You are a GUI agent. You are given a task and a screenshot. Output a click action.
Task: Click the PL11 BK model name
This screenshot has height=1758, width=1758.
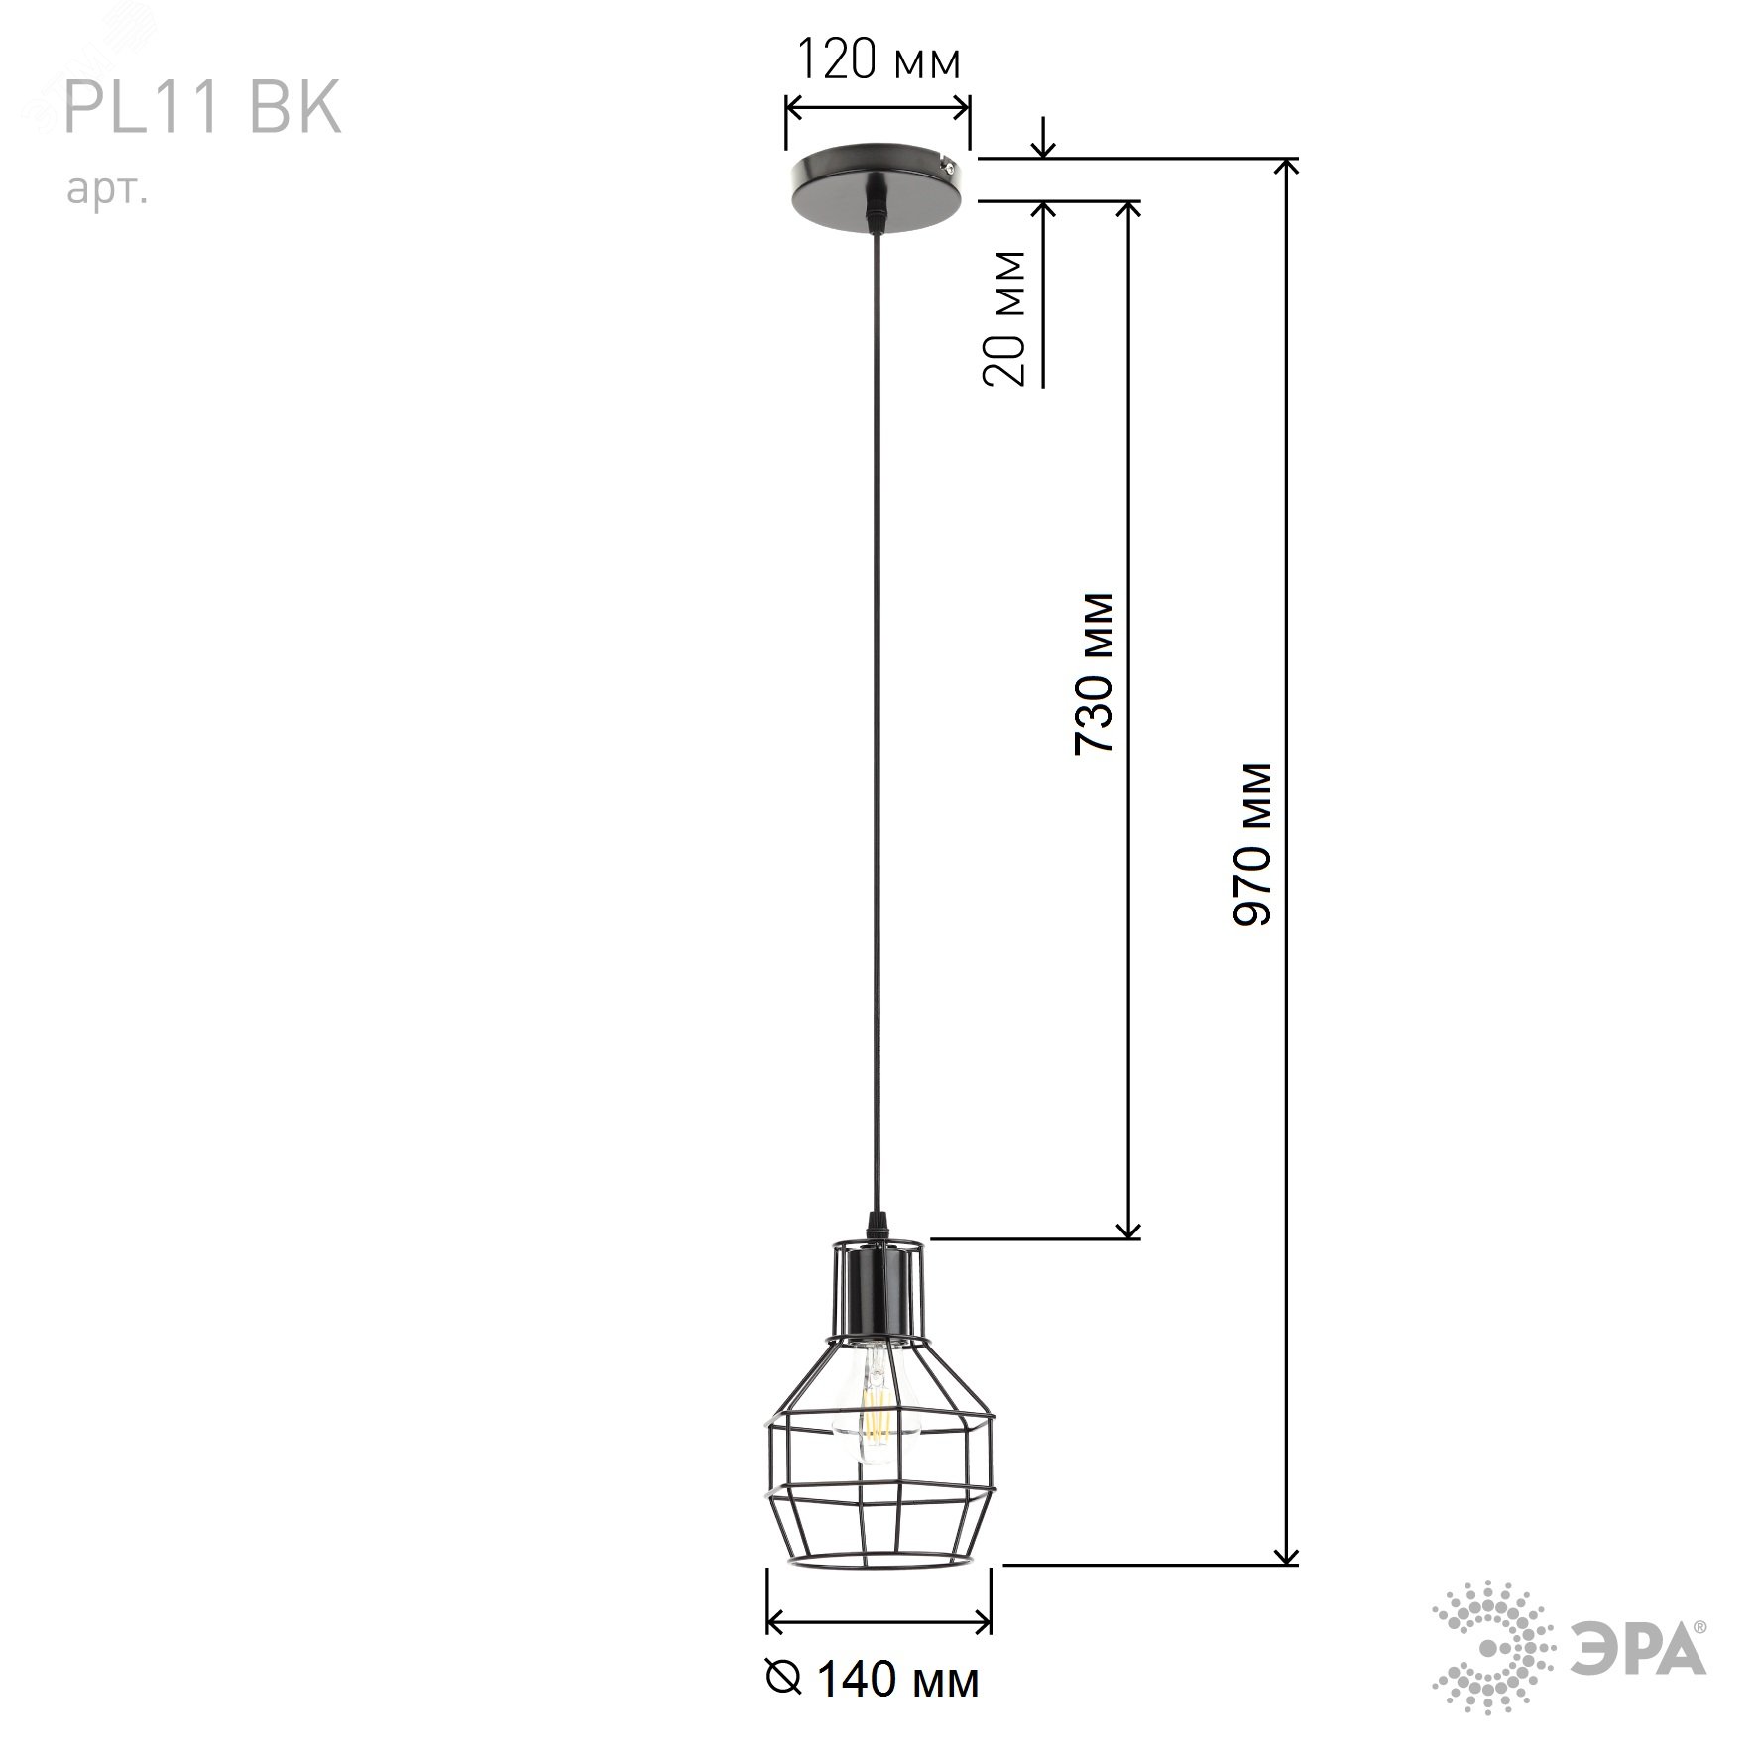[x=202, y=108]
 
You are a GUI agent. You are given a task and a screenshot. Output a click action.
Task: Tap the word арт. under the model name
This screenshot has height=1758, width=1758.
[x=108, y=189]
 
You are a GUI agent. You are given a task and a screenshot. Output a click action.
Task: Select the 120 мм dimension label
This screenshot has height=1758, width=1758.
[x=879, y=61]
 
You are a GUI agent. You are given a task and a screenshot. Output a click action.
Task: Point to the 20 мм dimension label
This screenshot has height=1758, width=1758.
[x=1004, y=318]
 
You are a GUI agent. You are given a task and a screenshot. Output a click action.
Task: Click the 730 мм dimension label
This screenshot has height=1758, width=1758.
[x=1095, y=673]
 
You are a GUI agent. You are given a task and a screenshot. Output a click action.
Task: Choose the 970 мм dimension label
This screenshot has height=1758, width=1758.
[x=1251, y=845]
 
